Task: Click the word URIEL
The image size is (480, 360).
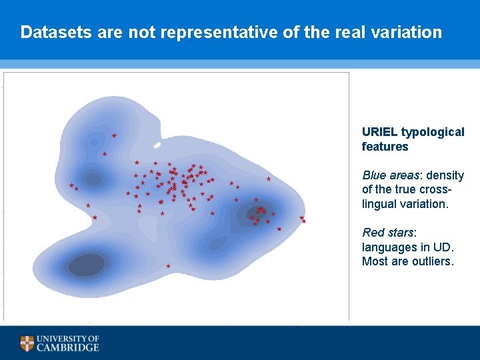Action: (379, 132)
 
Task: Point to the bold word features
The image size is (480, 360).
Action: (385, 147)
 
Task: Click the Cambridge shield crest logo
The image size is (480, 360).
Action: (27, 343)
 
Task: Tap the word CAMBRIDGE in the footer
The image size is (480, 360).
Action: (68, 347)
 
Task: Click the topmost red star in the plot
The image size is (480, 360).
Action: (114, 135)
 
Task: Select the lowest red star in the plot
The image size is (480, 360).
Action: (168, 266)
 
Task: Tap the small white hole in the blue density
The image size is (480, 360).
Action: (157, 145)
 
